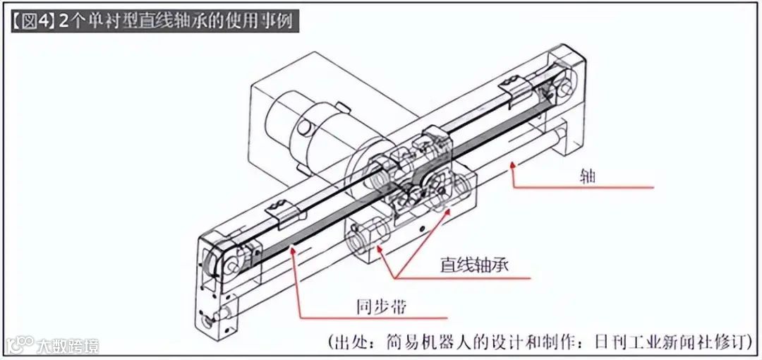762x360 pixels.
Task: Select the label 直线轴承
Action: [x=474, y=266]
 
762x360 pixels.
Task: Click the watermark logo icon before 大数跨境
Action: [x=20, y=345]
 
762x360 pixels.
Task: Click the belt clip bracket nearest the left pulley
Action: [x=277, y=209]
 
